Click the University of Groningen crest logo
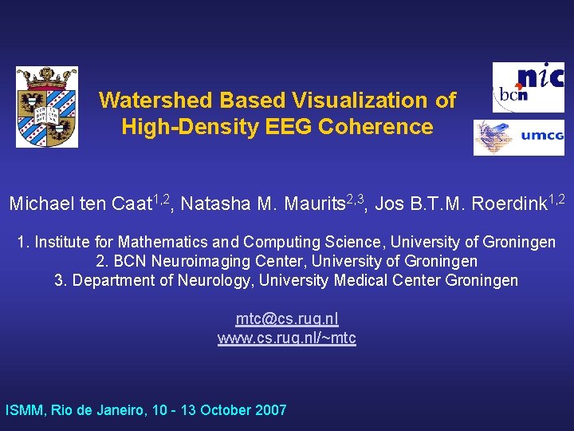(x=47, y=107)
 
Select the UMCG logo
(x=518, y=137)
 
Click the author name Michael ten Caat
(x=80, y=204)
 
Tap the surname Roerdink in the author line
(x=509, y=204)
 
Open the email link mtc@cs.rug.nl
(x=287, y=318)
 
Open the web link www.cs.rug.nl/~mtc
(x=287, y=338)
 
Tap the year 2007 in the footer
(x=269, y=411)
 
